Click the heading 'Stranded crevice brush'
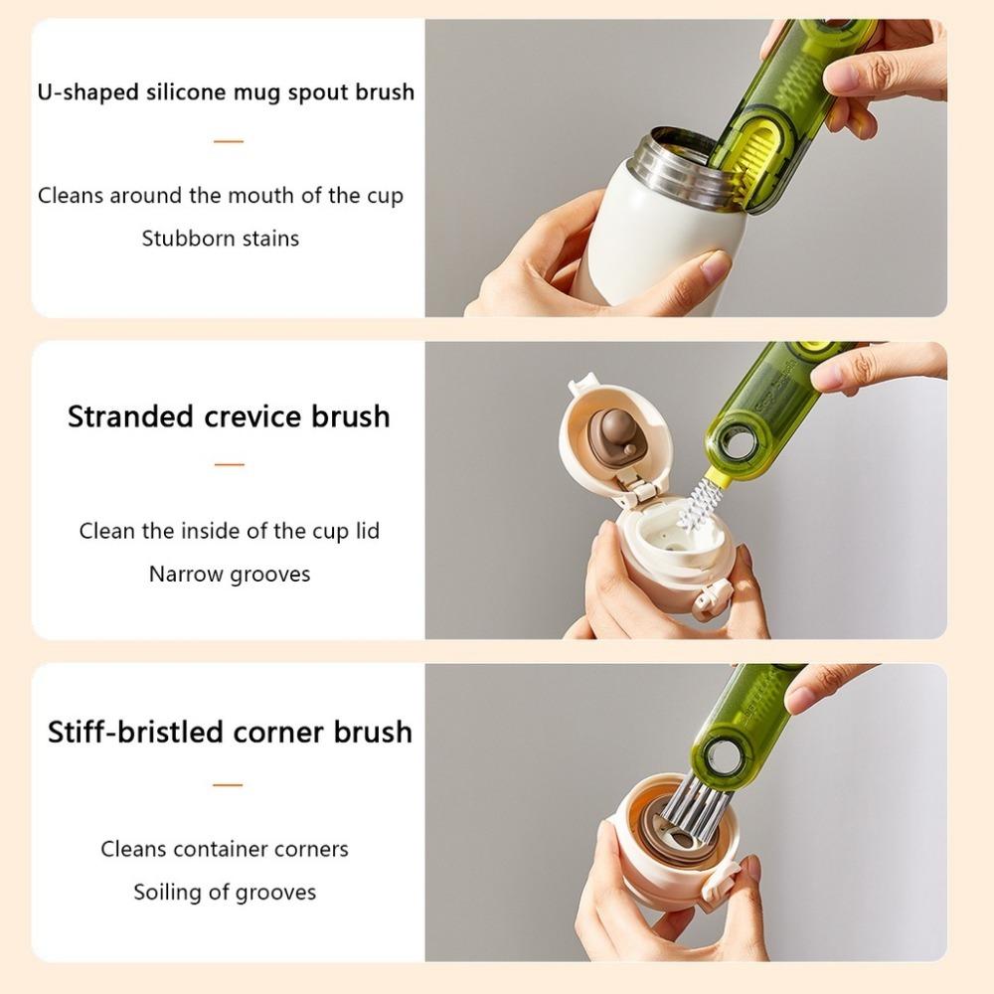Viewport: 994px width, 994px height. coord(229,415)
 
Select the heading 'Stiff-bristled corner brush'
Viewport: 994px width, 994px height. coord(230,732)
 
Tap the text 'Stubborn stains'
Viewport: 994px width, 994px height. coord(220,239)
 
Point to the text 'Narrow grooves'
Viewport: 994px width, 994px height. coord(230,575)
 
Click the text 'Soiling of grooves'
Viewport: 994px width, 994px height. coord(225,892)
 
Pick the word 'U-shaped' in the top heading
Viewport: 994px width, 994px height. coord(88,92)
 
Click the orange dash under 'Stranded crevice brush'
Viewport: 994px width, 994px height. coord(229,464)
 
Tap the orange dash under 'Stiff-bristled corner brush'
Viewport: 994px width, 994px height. coord(228,784)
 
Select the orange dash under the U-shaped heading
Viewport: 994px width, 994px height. coord(228,141)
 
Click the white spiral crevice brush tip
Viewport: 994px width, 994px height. coord(699,503)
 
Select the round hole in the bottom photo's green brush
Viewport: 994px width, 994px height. coord(725,757)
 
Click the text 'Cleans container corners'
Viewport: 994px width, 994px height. coord(225,849)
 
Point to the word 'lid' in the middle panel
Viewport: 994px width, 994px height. coord(367,531)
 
